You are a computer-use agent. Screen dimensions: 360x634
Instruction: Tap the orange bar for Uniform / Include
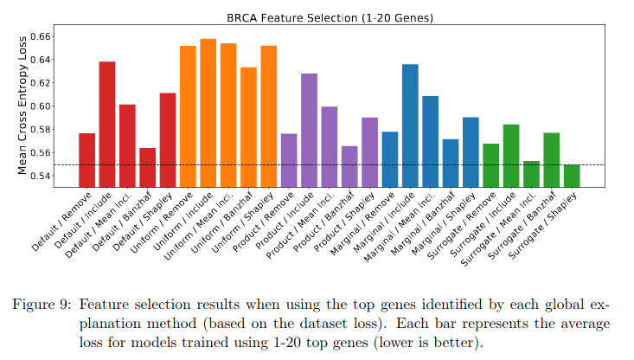pos(208,112)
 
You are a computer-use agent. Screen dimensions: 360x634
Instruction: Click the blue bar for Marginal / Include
pos(410,125)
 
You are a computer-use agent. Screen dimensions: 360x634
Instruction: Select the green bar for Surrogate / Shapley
pos(572,176)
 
